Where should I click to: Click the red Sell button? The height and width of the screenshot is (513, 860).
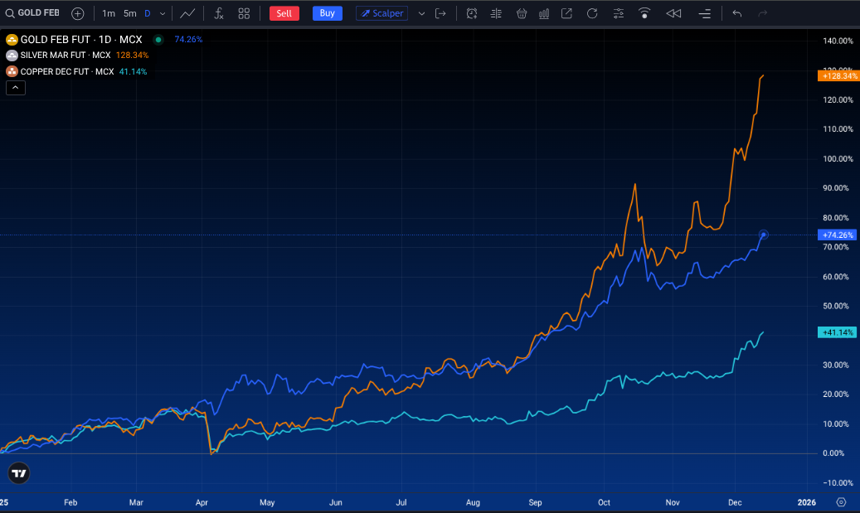[284, 13]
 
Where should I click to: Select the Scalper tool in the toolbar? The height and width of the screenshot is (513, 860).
[381, 13]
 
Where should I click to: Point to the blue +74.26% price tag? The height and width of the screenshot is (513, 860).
[836, 235]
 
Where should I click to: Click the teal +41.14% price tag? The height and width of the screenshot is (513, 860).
[836, 332]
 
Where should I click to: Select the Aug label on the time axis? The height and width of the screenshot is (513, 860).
[473, 502]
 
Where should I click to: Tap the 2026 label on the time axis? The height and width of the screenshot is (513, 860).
[806, 502]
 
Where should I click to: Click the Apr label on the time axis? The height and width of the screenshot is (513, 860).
[202, 502]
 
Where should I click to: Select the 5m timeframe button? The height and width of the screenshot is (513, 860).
[129, 13]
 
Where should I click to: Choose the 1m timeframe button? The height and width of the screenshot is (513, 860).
[109, 13]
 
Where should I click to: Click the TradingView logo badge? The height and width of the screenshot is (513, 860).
[19, 473]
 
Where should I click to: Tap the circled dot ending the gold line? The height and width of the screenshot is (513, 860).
[763, 235]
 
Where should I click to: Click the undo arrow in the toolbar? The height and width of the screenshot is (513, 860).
[737, 13]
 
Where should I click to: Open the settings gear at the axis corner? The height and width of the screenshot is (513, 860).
[841, 502]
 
